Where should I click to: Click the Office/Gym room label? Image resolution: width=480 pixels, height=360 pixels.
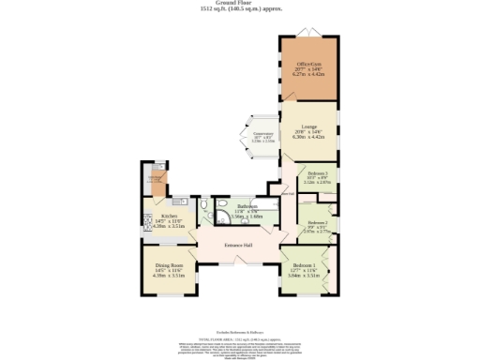coord(309,63)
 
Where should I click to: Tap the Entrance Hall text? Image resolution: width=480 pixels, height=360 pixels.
coord(240,247)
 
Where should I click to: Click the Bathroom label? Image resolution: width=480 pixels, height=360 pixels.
coord(247,206)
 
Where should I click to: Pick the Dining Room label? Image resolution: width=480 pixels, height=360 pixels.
coord(169,266)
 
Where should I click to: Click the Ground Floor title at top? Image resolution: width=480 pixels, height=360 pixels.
coord(240,3)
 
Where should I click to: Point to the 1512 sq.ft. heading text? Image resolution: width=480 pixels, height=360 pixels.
coord(240,9)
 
